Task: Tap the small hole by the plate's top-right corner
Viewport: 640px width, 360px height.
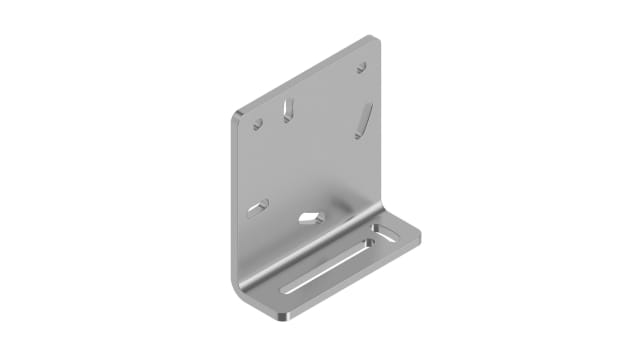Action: tap(361, 68)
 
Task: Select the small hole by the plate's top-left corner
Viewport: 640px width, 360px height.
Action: tap(257, 125)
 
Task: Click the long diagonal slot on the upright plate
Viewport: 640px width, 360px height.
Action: tap(363, 120)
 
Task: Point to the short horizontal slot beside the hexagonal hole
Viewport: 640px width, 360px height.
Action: tap(257, 208)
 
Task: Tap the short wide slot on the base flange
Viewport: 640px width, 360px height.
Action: tap(384, 236)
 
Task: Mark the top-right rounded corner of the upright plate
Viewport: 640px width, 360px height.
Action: tap(372, 41)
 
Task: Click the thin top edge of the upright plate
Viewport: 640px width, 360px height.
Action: tap(300, 75)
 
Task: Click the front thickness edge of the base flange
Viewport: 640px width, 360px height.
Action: tap(350, 284)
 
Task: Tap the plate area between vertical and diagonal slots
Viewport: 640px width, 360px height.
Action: tap(325, 115)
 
